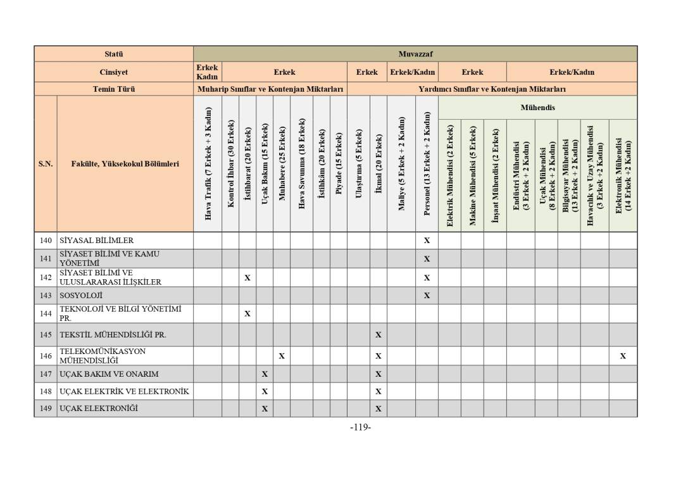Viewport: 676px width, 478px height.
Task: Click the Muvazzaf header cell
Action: (x=415, y=54)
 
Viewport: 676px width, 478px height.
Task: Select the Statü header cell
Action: (x=114, y=54)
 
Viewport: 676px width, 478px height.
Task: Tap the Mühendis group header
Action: (x=537, y=108)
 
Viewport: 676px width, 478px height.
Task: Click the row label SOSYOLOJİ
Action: (x=81, y=296)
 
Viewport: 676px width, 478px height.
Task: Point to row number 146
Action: (x=46, y=356)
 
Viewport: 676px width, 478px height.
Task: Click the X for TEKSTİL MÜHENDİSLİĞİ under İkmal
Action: (x=378, y=335)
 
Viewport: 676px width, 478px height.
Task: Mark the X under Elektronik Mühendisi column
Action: (x=623, y=356)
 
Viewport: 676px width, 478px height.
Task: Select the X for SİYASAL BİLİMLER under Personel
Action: (x=427, y=241)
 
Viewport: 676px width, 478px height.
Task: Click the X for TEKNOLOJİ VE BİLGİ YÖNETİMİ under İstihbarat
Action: (x=247, y=313)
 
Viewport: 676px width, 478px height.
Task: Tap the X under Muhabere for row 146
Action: (x=282, y=356)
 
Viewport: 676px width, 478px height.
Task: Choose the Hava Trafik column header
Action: (x=208, y=163)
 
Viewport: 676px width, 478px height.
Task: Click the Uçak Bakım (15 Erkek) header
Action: (x=265, y=163)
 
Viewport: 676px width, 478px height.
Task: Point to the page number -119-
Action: (x=360, y=427)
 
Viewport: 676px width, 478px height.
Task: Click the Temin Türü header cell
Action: (x=114, y=89)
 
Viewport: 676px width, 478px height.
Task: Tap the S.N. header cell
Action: (x=46, y=163)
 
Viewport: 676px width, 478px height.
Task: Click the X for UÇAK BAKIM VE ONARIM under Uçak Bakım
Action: (x=265, y=374)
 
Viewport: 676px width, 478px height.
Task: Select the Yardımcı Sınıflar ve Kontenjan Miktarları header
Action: (x=492, y=89)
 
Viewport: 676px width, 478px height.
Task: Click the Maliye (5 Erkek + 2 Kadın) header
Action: (x=401, y=163)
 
